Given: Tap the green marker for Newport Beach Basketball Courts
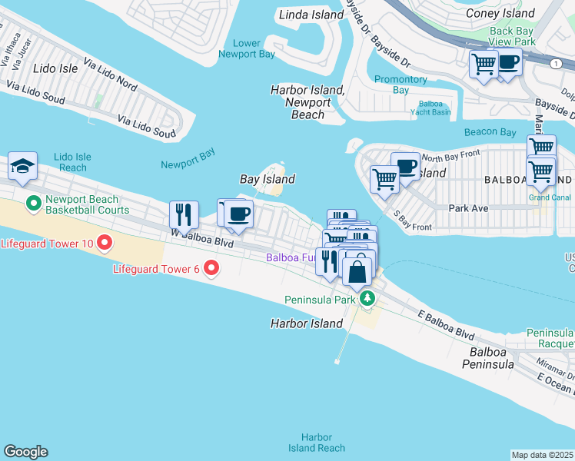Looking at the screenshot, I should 33,204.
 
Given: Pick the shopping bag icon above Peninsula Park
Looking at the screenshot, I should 357,272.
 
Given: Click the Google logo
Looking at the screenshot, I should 25,452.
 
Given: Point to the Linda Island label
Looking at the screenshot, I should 311,15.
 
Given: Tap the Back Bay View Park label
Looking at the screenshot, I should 513,36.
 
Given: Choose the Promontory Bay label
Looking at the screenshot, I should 401,85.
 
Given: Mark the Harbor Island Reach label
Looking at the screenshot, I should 316,443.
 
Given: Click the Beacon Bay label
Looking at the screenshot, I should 490,132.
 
